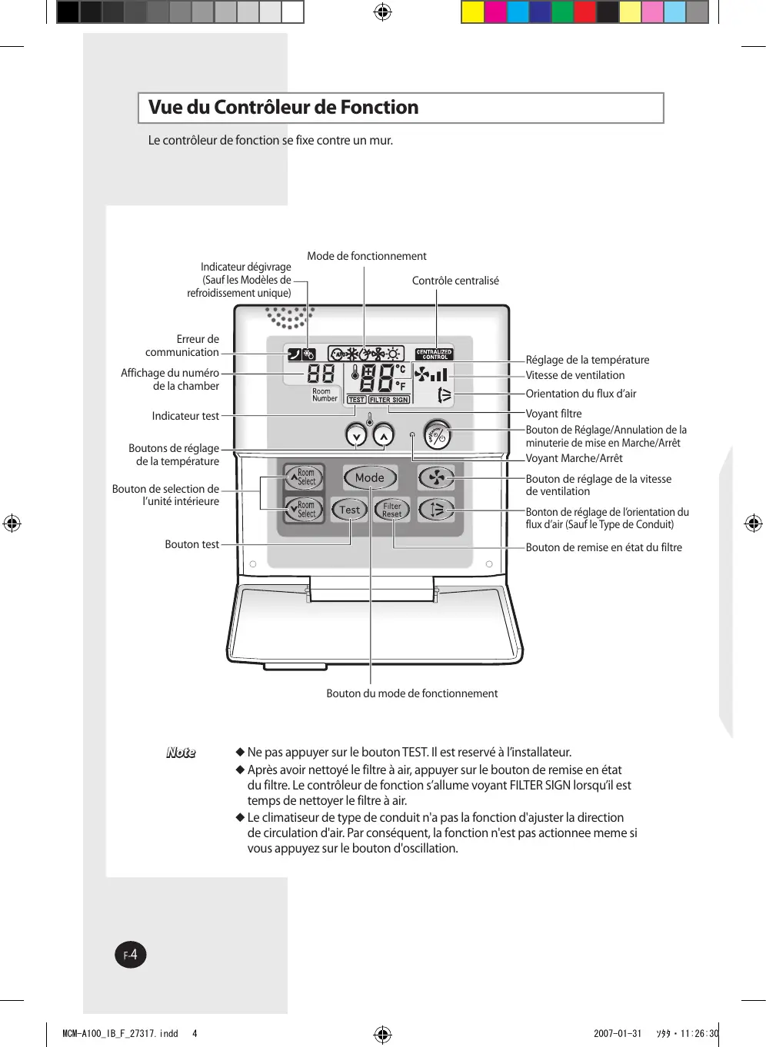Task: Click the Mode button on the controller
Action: [x=370, y=477]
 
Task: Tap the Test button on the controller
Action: [x=350, y=509]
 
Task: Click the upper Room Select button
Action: [x=304, y=477]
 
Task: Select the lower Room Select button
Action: [x=304, y=509]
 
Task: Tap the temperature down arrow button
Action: [x=356, y=436]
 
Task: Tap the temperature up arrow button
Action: [x=383, y=436]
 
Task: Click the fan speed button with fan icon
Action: [x=436, y=477]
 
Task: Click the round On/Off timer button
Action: [x=437, y=436]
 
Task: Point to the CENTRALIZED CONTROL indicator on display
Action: [x=434, y=354]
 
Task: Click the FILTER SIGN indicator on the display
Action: [x=389, y=400]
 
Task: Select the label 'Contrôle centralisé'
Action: [x=455, y=281]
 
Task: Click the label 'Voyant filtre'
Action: [x=554, y=414]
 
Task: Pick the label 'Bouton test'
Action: [x=192, y=544]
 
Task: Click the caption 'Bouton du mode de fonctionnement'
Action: [x=411, y=693]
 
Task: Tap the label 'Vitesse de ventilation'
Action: [x=575, y=375]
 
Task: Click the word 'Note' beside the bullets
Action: [x=181, y=753]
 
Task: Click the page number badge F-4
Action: [x=131, y=955]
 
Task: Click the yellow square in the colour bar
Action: [x=472, y=12]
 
